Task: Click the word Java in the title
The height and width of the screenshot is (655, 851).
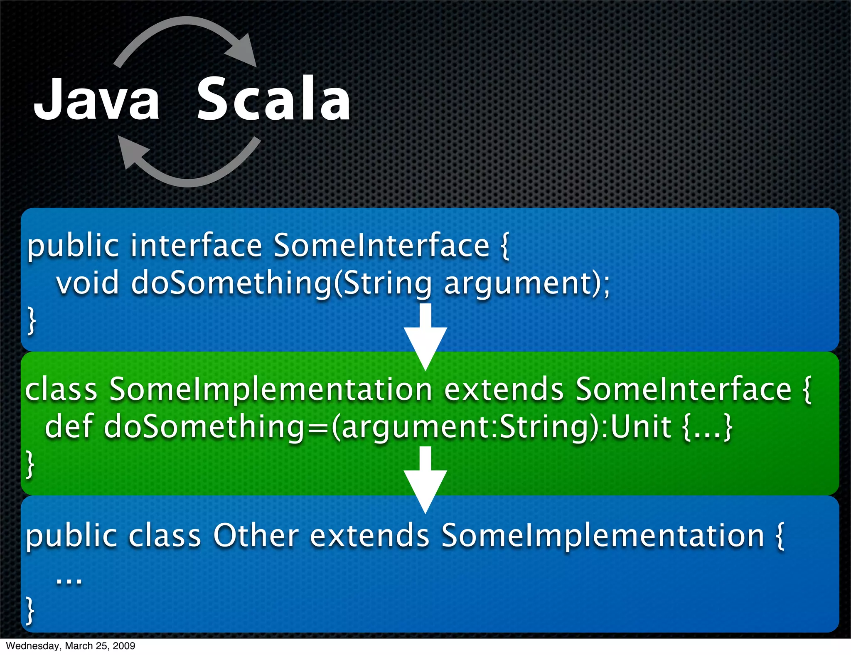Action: [x=96, y=100]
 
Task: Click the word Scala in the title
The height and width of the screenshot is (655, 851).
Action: [x=273, y=100]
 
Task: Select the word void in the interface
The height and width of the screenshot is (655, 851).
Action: [x=88, y=283]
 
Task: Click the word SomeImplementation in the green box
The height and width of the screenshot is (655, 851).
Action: [x=271, y=390]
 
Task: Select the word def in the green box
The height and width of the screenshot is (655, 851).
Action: [x=69, y=427]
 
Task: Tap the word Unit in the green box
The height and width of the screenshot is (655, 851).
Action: [x=641, y=427]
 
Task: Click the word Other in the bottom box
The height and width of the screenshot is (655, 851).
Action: [x=256, y=535]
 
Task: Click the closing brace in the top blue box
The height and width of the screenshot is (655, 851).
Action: [x=31, y=320]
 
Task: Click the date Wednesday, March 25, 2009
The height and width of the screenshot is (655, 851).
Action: [x=71, y=646]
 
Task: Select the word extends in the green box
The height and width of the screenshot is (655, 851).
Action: [x=504, y=390]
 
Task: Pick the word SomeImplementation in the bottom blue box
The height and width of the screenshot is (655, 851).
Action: [x=603, y=535]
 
